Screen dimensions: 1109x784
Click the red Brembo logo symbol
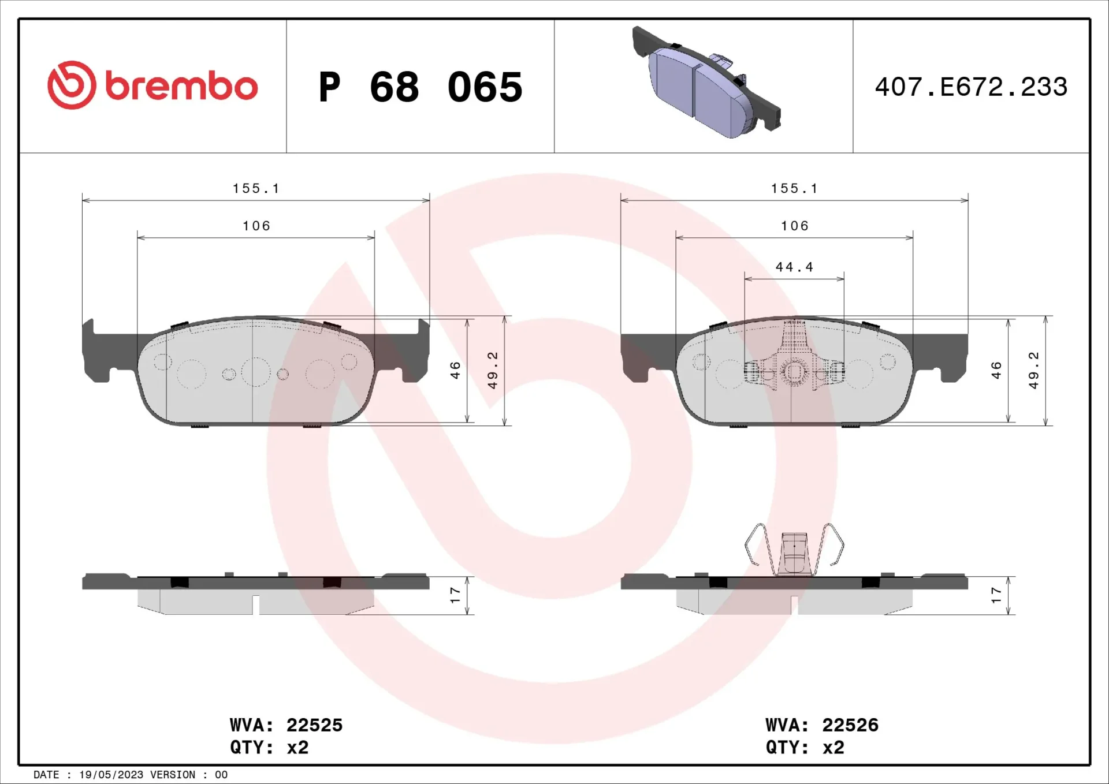click(72, 85)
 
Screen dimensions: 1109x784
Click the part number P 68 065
click(420, 87)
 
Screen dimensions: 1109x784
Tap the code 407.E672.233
click(971, 87)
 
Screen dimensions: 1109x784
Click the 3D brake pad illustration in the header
click(706, 81)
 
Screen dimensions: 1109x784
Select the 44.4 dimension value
click(794, 267)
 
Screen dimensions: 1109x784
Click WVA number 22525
click(314, 725)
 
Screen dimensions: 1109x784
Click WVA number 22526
click(850, 725)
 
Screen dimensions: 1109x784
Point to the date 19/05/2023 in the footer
click(111, 775)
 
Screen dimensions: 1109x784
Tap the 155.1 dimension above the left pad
click(256, 188)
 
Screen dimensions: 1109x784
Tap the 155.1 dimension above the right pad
click(794, 188)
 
